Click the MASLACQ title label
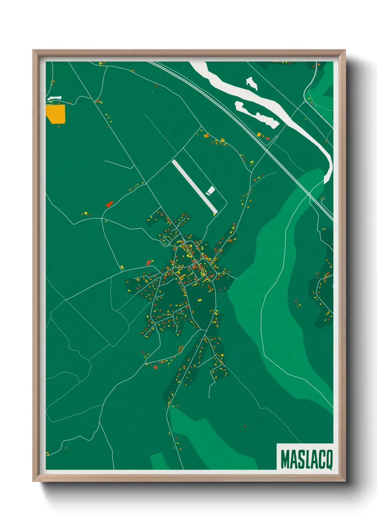(305, 459)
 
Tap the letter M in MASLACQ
(285, 460)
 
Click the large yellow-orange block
(56, 113)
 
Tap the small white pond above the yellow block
(54, 98)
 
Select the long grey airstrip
(194, 187)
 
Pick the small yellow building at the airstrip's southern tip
(215, 213)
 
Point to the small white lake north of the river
(252, 83)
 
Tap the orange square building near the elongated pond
(259, 134)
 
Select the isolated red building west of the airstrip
(109, 204)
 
